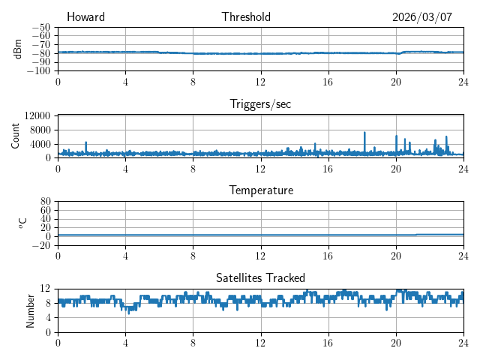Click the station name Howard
[85, 17]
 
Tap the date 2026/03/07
[422, 17]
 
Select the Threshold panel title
[246, 17]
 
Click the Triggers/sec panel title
[260, 104]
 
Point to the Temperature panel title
[260, 190]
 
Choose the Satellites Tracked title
[260, 277]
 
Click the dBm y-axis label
[17, 49]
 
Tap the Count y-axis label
[16, 136]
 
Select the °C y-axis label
[22, 223]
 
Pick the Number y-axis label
[31, 310]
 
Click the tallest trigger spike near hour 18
[364, 133]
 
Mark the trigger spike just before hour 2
[86, 142]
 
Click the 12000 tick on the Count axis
[37, 115]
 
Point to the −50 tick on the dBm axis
[40, 27]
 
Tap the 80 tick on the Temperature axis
[45, 202]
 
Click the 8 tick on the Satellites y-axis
[48, 303]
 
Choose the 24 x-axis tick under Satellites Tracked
[463, 343]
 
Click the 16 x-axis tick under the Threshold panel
[328, 82]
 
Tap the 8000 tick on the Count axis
[40, 130]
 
